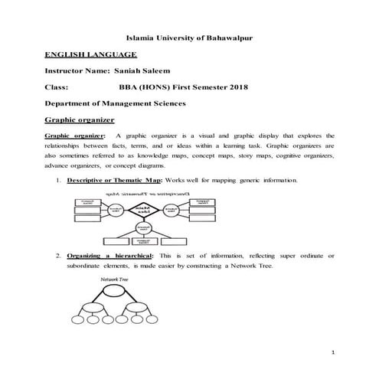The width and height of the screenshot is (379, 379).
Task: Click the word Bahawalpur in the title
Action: coord(229,38)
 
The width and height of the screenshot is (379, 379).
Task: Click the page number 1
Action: coord(335,352)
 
